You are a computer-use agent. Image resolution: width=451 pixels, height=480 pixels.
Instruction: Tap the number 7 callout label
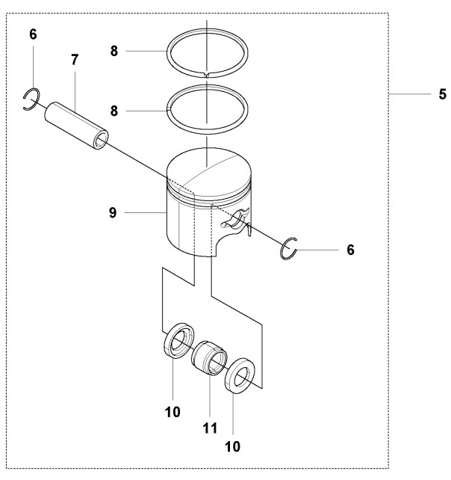point(75,59)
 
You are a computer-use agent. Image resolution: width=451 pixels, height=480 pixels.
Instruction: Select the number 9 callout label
point(113,213)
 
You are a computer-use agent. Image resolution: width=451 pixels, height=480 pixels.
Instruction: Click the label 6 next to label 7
point(32,34)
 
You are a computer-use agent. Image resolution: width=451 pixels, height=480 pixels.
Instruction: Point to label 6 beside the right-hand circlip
point(350,249)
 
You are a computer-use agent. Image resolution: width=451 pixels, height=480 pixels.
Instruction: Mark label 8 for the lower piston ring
point(113,111)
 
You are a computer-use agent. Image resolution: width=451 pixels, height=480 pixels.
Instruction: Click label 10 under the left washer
point(172,410)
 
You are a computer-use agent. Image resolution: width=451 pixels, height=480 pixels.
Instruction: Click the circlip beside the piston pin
point(31,99)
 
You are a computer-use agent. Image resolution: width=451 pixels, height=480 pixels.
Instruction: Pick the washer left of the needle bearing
point(178,340)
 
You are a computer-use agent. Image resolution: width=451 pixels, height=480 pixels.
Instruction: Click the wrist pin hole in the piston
point(237,218)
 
